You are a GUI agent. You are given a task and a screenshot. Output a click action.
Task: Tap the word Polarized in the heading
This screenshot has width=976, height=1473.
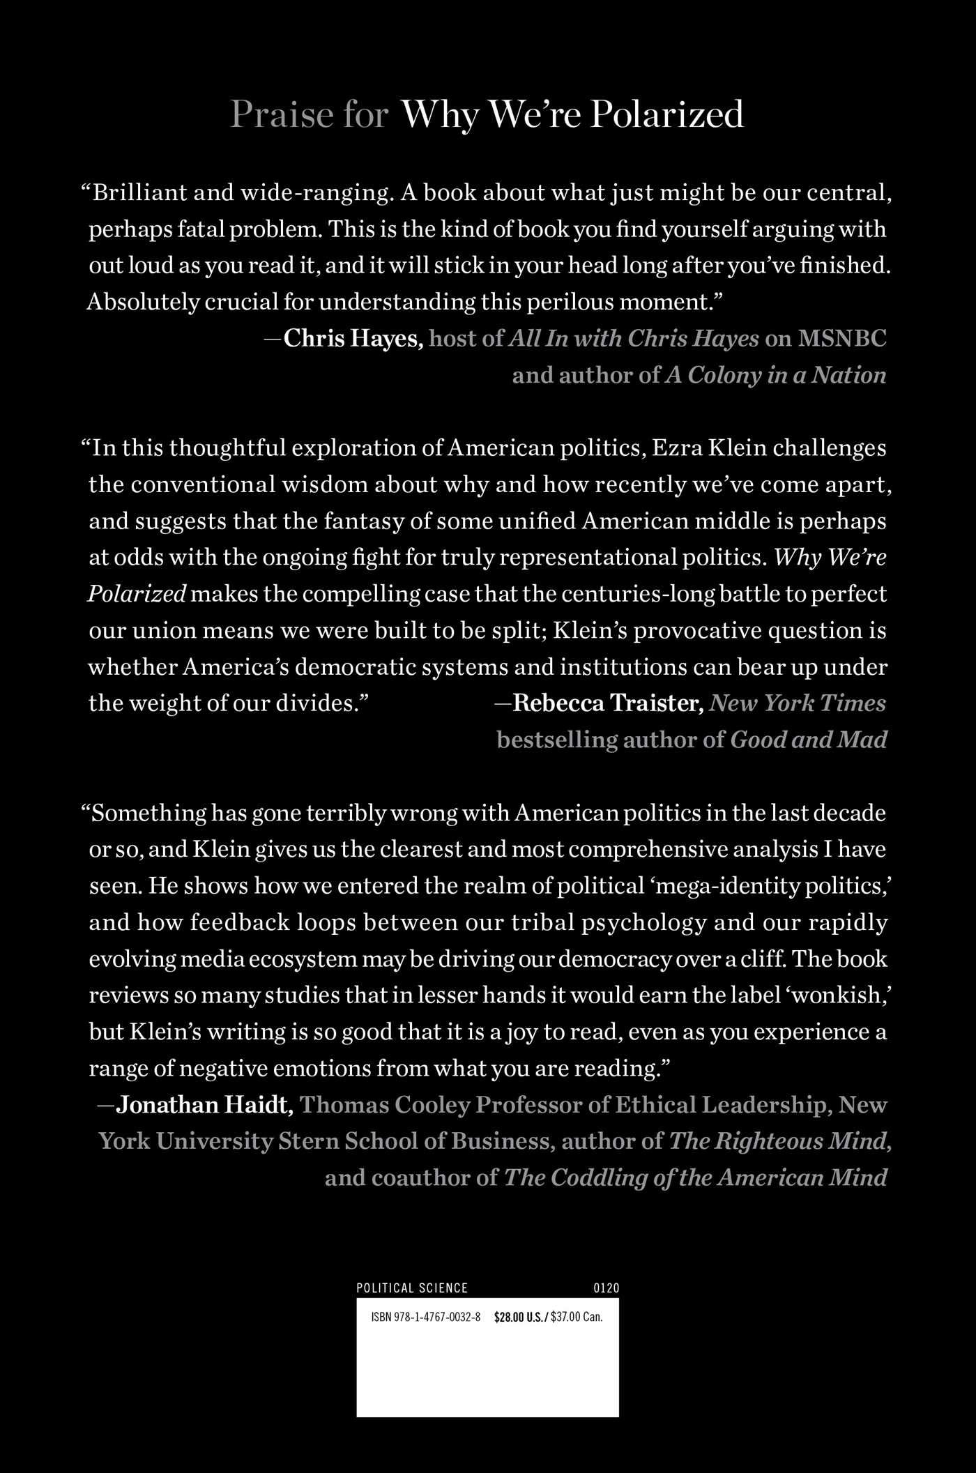tap(668, 114)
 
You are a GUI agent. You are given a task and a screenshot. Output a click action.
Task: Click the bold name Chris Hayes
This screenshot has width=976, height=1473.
tap(353, 339)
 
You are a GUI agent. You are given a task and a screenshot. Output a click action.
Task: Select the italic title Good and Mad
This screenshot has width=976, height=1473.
tap(808, 740)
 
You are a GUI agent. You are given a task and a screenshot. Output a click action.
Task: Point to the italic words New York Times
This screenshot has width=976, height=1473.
tap(798, 703)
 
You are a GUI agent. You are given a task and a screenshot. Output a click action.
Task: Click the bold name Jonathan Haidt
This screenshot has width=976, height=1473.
tap(204, 1105)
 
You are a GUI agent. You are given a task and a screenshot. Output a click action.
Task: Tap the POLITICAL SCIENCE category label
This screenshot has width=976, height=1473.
tap(412, 1288)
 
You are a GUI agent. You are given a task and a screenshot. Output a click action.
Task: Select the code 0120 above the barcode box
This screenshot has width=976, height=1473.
tap(605, 1288)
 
